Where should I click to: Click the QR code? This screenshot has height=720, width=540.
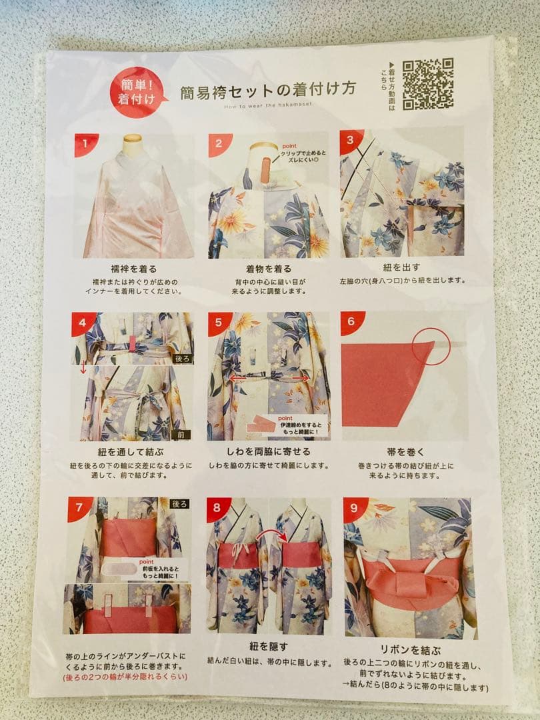click(x=427, y=84)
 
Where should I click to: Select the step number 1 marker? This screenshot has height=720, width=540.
click(x=84, y=142)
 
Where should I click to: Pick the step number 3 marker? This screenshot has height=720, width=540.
click(x=349, y=141)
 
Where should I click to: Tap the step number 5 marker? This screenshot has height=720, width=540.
click(x=218, y=323)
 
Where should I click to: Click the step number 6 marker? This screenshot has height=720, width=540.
click(x=351, y=321)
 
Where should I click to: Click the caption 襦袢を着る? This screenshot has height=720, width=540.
click(x=135, y=269)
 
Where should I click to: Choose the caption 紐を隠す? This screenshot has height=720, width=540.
click(x=269, y=647)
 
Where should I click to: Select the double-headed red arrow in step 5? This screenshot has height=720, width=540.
click(x=269, y=378)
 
